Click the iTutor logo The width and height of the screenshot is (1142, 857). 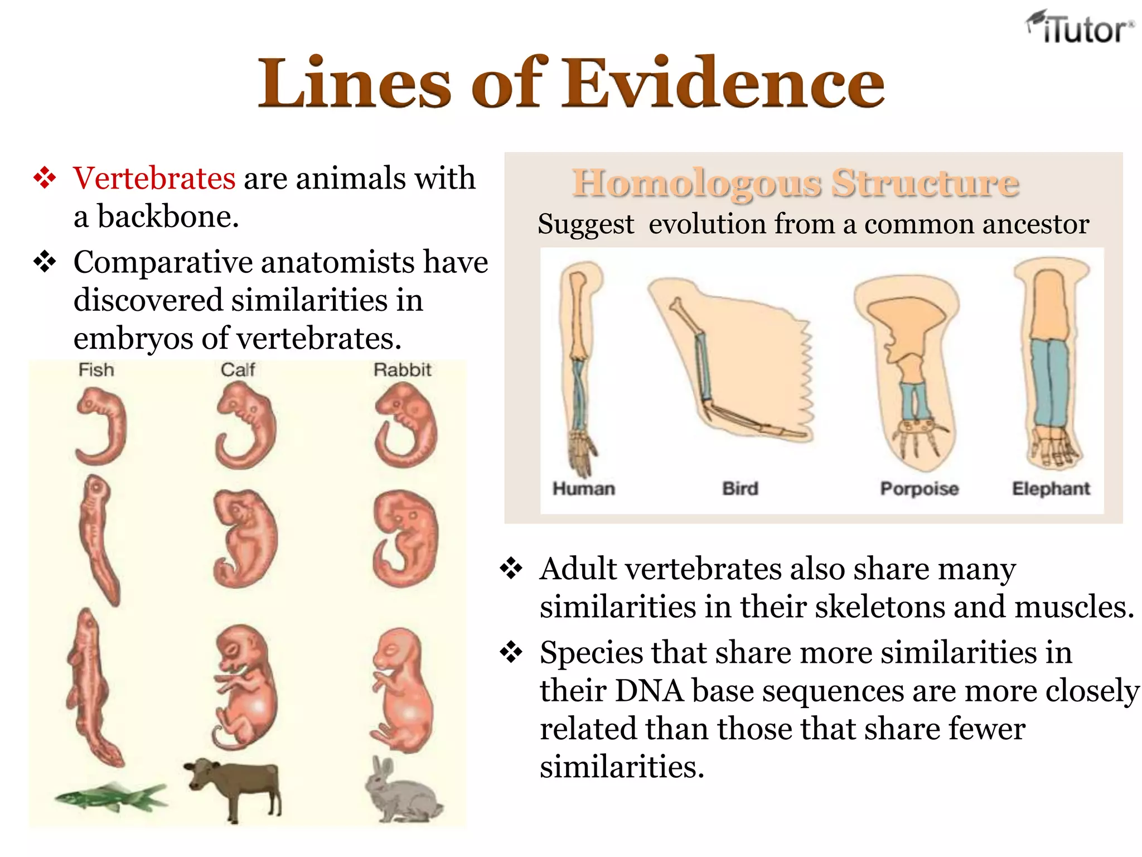click(x=1080, y=28)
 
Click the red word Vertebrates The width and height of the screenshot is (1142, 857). click(x=154, y=179)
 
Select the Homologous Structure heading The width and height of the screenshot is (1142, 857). click(x=796, y=182)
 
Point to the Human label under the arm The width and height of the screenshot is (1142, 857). click(x=583, y=489)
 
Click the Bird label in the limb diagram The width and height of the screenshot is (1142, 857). click(x=740, y=489)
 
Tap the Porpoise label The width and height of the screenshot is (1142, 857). click(x=919, y=489)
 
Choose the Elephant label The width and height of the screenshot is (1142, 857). click(x=1051, y=489)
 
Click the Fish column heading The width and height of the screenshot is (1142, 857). click(x=96, y=370)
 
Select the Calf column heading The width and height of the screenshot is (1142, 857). click(x=238, y=370)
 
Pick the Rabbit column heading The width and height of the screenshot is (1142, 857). click(x=402, y=370)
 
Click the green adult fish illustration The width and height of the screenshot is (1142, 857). click(x=110, y=796)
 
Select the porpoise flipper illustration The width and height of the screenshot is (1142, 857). click(x=906, y=368)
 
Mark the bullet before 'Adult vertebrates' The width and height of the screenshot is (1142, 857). click(x=510, y=569)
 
